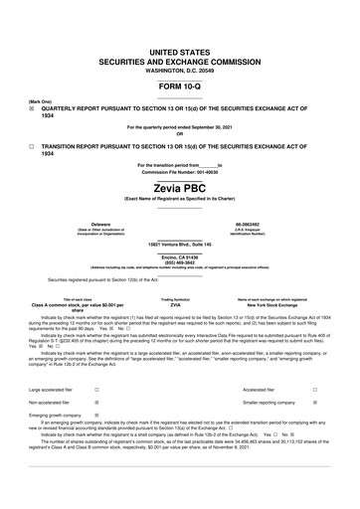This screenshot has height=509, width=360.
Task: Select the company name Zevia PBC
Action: tap(179, 185)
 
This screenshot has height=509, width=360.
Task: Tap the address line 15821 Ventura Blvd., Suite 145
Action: tap(179, 244)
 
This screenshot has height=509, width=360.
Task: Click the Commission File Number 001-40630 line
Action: tap(179, 171)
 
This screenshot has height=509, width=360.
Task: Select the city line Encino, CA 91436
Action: tap(179, 256)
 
